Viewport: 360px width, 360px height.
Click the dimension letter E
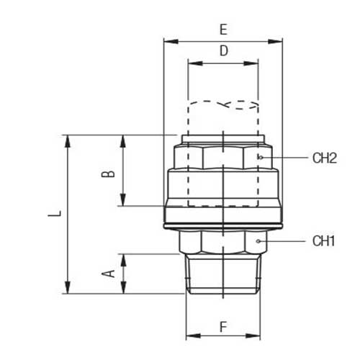pyautogui.click(x=223, y=30)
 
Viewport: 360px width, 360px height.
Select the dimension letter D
pyautogui.click(x=223, y=51)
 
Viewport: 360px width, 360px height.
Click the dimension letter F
pyautogui.click(x=223, y=326)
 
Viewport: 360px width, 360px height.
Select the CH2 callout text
pyautogui.click(x=325, y=158)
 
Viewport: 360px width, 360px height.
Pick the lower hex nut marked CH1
pyautogui.click(x=222, y=242)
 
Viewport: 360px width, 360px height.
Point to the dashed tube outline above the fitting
pyautogui.click(x=222, y=115)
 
